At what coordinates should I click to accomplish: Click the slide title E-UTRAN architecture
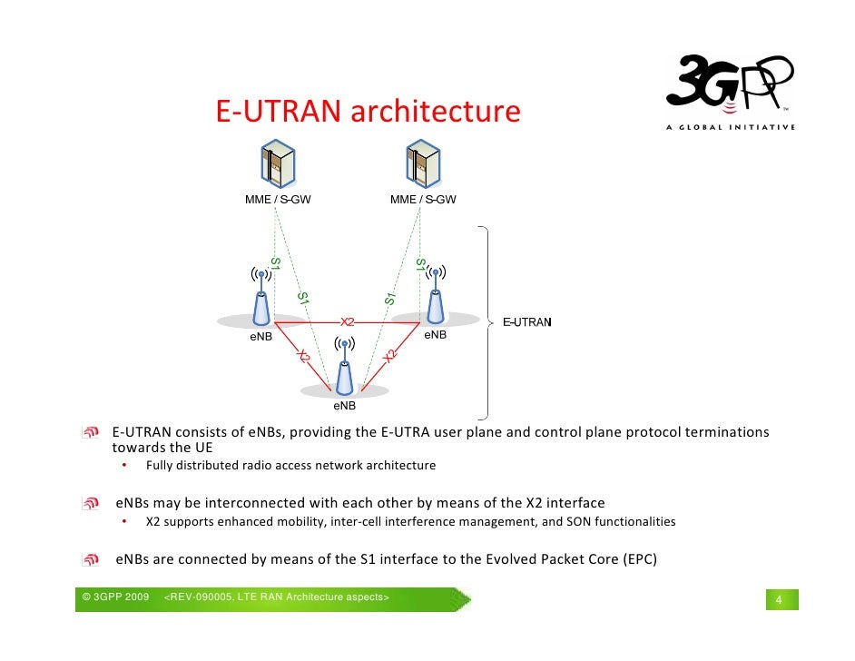368,112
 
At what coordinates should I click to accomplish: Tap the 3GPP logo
730,86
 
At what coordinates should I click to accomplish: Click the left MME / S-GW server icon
278,164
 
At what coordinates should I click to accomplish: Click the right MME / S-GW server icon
423,164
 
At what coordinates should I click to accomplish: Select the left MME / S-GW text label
278,200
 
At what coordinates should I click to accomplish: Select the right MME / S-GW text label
423,200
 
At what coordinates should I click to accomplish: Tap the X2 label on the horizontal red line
348,321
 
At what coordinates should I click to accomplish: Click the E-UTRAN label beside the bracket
528,322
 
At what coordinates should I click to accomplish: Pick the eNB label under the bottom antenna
344,405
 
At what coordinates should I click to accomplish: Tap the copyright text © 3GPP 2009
115,597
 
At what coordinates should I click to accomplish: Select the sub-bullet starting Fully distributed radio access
290,466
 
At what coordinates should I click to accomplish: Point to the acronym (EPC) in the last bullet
636,558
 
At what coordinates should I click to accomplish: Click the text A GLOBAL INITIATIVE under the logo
730,127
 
